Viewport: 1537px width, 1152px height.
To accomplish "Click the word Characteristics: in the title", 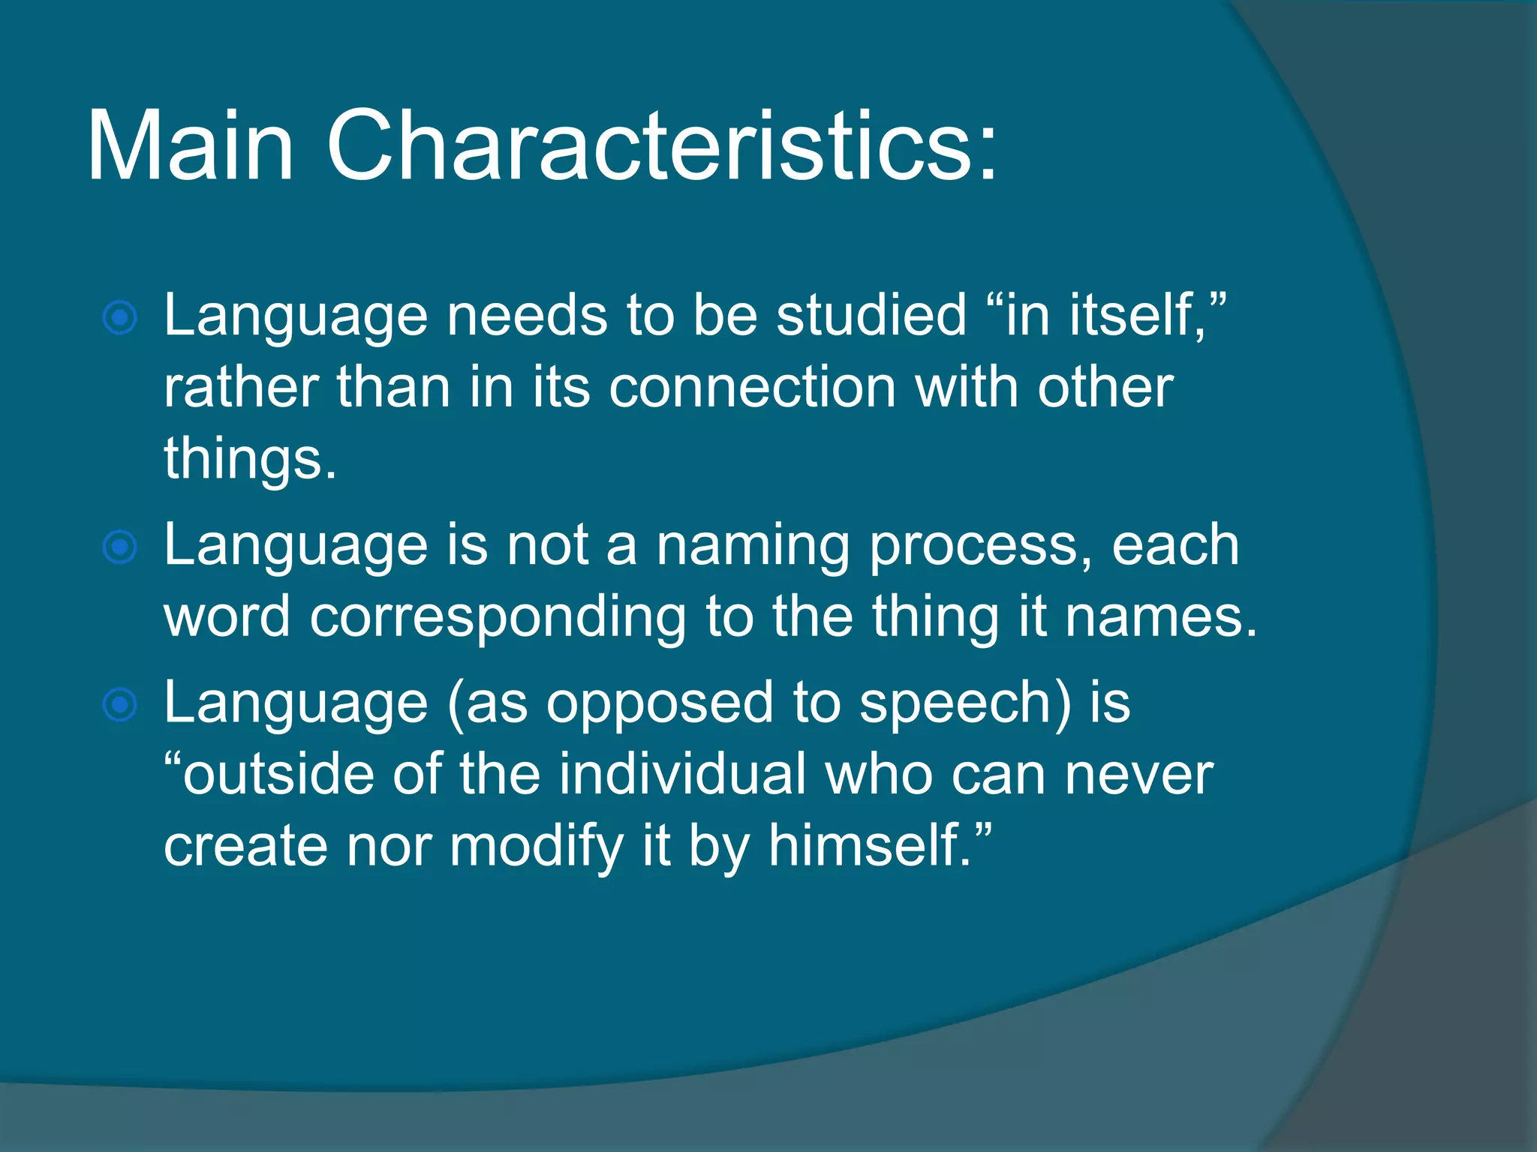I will (662, 145).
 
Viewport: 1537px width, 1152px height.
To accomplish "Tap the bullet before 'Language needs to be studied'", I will (120, 318).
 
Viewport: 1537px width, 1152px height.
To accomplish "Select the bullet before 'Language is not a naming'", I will (120, 547).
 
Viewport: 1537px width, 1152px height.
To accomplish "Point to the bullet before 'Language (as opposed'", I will (120, 705).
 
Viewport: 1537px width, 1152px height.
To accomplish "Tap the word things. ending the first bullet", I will (250, 459).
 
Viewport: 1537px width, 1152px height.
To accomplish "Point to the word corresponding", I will (498, 617).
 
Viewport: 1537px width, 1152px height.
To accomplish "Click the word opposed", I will (659, 703).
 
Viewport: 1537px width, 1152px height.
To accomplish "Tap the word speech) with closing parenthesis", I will (965, 703).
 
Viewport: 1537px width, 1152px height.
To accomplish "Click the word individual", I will (682, 775).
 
